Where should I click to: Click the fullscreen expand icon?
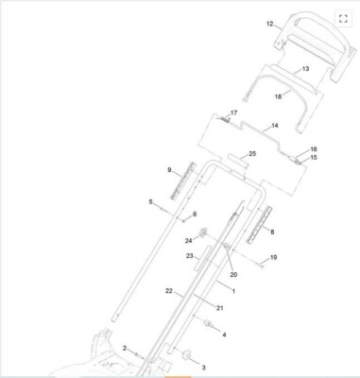(343, 19)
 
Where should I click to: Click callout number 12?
(270, 24)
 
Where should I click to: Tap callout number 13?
(305, 69)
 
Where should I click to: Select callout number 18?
(278, 96)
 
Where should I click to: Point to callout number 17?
(233, 112)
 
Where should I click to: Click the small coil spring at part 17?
(225, 119)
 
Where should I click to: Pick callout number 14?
(275, 126)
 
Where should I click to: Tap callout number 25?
(252, 154)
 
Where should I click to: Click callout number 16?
(314, 149)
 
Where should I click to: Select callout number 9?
(169, 170)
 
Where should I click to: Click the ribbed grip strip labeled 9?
(182, 180)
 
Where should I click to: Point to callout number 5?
(150, 201)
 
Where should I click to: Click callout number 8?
(272, 232)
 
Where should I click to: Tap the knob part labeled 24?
(202, 232)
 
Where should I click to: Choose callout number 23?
(189, 256)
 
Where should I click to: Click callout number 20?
(233, 275)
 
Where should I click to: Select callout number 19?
(273, 257)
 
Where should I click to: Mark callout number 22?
(169, 291)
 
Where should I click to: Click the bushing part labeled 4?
(208, 323)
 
